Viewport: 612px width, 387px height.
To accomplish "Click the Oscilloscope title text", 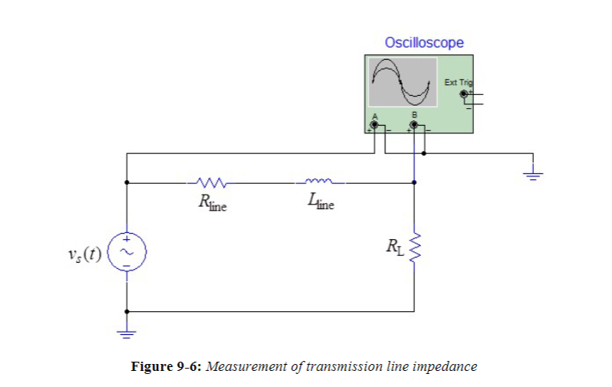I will tap(424, 43).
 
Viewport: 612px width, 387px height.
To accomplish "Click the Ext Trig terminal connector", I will tap(463, 94).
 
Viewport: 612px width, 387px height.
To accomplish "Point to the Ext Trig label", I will tap(459, 81).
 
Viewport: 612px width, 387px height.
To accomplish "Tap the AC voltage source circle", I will tap(127, 250).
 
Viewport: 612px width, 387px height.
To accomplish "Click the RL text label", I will tap(393, 247).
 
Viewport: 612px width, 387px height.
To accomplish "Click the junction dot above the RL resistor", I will tap(415, 183).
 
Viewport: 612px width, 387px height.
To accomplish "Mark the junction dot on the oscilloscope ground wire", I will tap(424, 153).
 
